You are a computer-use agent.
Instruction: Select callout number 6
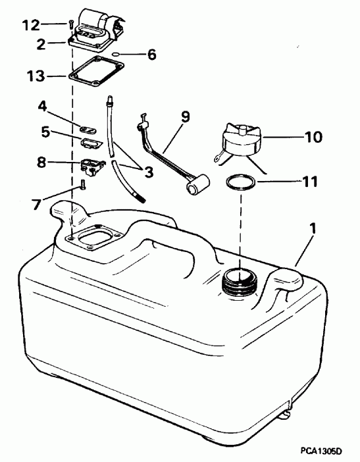(151, 55)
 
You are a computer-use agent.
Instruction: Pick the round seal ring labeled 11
(240, 182)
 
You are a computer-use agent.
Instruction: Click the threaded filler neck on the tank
(238, 281)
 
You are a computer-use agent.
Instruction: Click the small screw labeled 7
(82, 185)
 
